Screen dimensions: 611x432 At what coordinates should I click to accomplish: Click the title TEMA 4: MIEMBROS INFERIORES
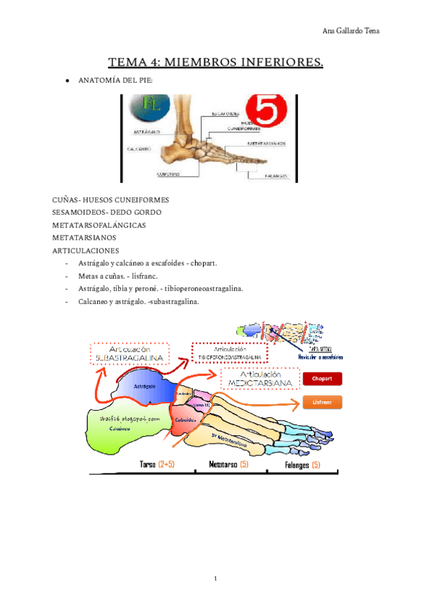pyautogui.click(x=215, y=63)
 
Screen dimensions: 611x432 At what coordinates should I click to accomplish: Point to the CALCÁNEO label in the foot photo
pyautogui.click(x=138, y=149)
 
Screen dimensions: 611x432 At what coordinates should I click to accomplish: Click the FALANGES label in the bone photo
pyautogui.click(x=276, y=176)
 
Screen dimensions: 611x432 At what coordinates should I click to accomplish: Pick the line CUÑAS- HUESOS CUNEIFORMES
pyautogui.click(x=111, y=200)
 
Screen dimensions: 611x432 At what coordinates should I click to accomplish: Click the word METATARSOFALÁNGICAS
pyautogui.click(x=99, y=225)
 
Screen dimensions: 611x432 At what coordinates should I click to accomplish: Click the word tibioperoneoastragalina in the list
pyautogui.click(x=202, y=289)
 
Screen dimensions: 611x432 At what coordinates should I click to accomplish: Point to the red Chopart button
pyautogui.click(x=321, y=378)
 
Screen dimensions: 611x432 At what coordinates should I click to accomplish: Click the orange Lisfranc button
pyautogui.click(x=321, y=403)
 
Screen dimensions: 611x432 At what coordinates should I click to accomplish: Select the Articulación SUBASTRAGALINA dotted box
pyautogui.click(x=130, y=352)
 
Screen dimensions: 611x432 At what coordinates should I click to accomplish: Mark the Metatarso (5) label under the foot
pyautogui.click(x=230, y=465)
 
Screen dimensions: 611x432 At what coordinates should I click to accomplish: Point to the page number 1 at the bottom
pyautogui.click(x=215, y=578)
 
